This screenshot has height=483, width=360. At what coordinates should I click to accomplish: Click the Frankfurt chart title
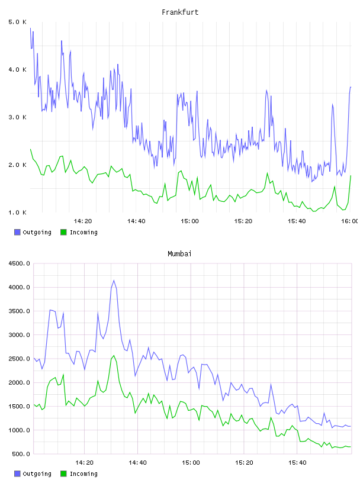pyautogui.click(x=180, y=12)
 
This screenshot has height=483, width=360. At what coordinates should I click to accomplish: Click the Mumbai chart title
pyautogui.click(x=179, y=254)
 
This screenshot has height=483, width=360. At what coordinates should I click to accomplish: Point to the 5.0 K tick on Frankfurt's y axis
pyautogui.click(x=18, y=22)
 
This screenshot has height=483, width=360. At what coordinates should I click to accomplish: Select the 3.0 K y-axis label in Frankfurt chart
pyautogui.click(x=18, y=117)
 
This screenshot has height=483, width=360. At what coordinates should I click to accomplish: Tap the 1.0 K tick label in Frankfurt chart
pyautogui.click(x=18, y=212)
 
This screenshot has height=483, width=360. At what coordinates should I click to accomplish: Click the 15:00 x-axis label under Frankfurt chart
pyautogui.click(x=189, y=221)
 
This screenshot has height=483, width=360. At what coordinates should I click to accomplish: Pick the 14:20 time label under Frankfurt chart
pyautogui.click(x=83, y=221)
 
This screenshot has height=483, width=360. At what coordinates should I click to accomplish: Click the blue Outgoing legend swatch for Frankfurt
pyautogui.click(x=17, y=232)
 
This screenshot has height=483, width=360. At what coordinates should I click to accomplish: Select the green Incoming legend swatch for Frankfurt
pyautogui.click(x=63, y=232)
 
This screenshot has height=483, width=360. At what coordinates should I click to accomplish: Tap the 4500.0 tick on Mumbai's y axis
pyautogui.click(x=20, y=263)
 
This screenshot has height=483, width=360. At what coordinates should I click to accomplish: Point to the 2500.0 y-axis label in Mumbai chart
pyautogui.click(x=20, y=359)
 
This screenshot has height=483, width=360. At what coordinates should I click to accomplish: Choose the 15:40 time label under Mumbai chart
pyautogui.click(x=297, y=463)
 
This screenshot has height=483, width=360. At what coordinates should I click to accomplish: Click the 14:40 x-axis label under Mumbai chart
pyautogui.click(x=137, y=463)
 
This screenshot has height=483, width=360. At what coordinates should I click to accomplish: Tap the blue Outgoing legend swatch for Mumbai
pyautogui.click(x=17, y=474)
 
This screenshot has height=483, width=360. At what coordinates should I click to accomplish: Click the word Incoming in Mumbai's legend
pyautogui.click(x=83, y=474)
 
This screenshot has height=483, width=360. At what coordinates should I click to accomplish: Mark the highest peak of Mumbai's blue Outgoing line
pyautogui.click(x=114, y=281)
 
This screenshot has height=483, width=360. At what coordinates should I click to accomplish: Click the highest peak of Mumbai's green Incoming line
pyautogui.click(x=114, y=356)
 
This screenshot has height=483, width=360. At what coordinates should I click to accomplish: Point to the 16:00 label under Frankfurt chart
pyautogui.click(x=350, y=221)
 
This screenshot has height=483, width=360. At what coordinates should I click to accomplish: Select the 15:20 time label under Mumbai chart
pyautogui.click(x=244, y=463)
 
